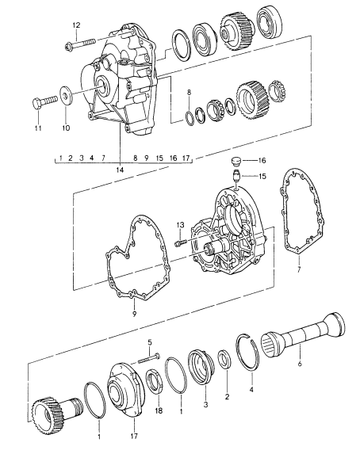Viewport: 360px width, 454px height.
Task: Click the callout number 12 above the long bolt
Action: tap(76, 25)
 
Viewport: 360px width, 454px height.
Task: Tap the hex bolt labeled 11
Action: tap(44, 102)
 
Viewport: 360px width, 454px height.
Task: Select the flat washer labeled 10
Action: tap(66, 95)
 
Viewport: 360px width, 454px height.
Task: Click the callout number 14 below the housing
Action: tap(120, 170)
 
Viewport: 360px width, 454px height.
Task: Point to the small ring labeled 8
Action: tap(190, 118)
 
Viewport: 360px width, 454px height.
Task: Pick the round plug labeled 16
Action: tap(236, 162)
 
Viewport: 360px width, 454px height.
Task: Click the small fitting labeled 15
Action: tap(236, 175)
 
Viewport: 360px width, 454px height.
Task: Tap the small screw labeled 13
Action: tap(180, 242)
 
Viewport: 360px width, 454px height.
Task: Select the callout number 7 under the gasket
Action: tap(299, 270)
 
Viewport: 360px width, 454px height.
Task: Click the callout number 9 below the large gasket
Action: tap(134, 314)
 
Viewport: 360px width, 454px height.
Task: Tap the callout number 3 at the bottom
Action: tap(205, 404)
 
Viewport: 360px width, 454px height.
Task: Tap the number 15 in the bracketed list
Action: tap(159, 158)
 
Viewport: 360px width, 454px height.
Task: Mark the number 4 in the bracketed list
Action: tap(92, 158)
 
